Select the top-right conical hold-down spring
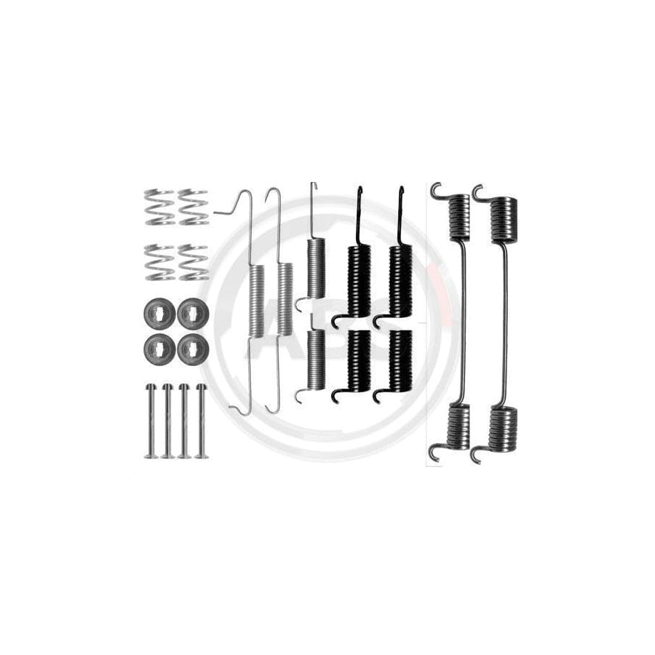(193, 207)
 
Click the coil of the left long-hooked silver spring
(257, 299)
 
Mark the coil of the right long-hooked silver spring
(284, 299)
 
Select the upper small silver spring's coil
(314, 268)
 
